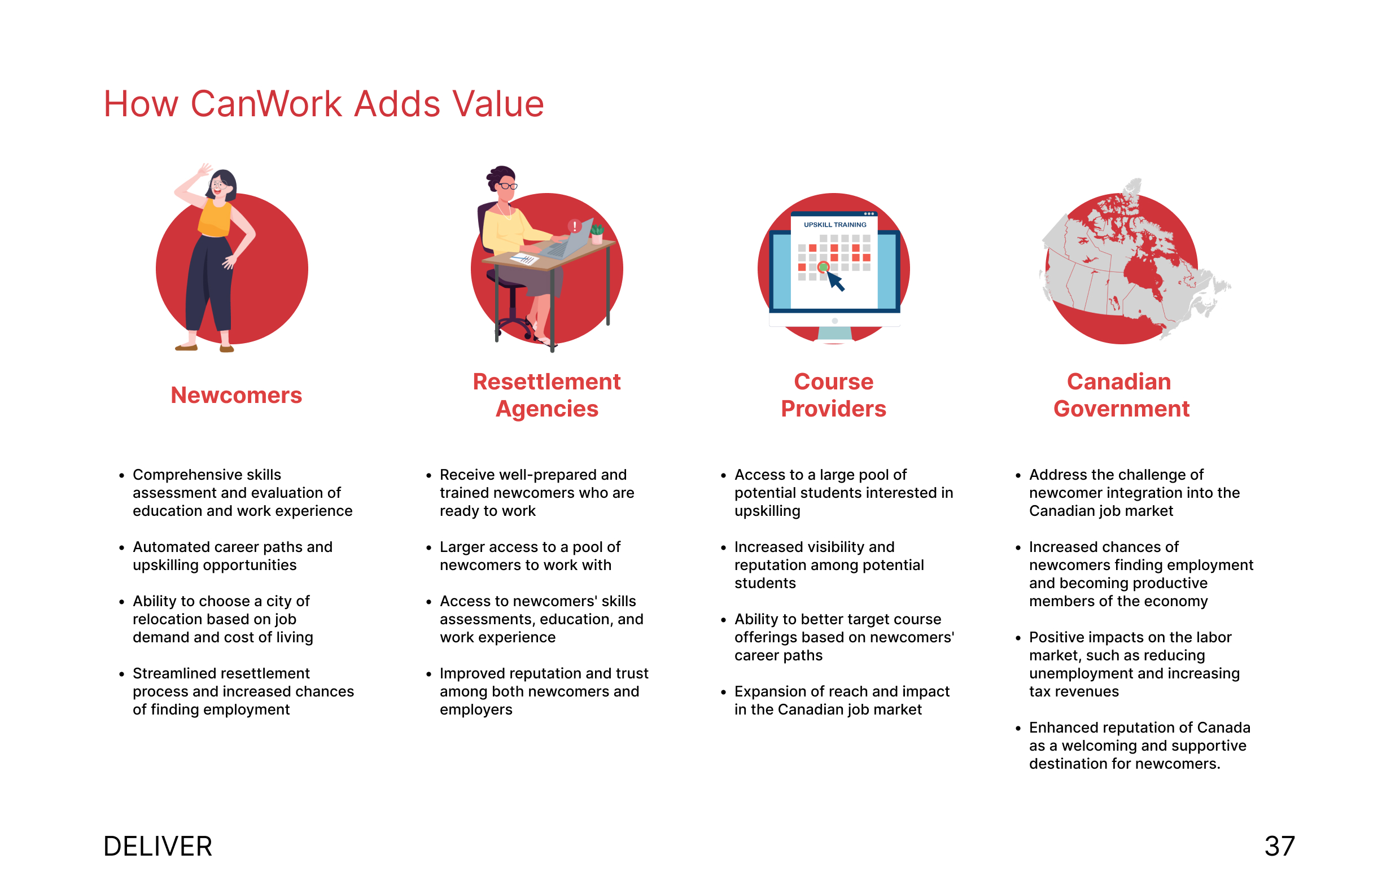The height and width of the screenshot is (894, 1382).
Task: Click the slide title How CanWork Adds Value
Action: coord(323,104)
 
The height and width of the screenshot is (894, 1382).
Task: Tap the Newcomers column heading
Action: coord(237,395)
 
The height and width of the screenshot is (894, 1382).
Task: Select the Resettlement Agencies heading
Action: coord(546,395)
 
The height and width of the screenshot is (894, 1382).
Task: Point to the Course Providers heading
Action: coord(833,395)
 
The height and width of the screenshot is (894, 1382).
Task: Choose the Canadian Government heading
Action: coord(1121,395)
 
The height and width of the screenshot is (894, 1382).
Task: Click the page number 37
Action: coord(1280,847)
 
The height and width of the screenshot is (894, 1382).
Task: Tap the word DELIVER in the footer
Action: coord(158,847)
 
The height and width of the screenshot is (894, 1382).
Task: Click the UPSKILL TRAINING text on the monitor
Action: coord(835,225)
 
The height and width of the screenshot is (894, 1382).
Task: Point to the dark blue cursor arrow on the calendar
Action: coord(836,281)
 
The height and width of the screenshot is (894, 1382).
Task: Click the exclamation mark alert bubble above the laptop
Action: coord(574,226)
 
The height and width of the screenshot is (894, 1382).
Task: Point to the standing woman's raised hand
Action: coord(204,170)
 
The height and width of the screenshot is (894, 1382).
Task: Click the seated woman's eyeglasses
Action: coord(508,186)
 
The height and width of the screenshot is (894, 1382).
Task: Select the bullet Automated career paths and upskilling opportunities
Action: coord(232,556)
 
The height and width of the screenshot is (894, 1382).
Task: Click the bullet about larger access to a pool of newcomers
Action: coord(530,556)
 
